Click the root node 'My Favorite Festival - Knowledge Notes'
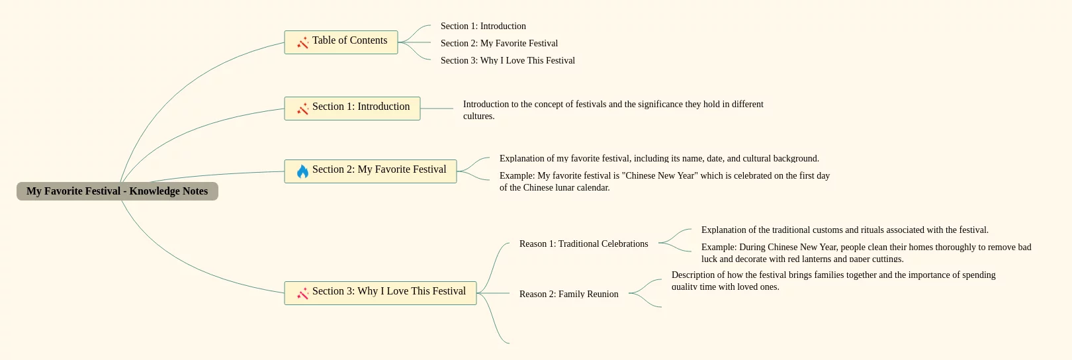[117, 191]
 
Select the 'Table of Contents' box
[341, 42]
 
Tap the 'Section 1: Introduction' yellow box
[352, 109]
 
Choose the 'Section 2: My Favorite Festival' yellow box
[371, 171]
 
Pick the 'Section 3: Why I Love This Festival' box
[380, 293]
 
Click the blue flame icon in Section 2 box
[302, 171]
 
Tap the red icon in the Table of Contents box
[302, 43]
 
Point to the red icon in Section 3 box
[302, 293]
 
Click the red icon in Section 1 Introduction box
[302, 109]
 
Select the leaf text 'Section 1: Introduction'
[483, 26]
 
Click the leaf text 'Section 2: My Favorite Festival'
[499, 44]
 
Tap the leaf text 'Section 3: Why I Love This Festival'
[508, 61]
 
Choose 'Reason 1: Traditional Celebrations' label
[584, 244]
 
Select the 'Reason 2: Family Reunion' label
[568, 294]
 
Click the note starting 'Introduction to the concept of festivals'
[613, 110]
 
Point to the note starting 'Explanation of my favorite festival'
[659, 159]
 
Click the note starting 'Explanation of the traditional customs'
[844, 230]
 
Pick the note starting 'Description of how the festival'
[833, 281]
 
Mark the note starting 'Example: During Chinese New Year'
[866, 253]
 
